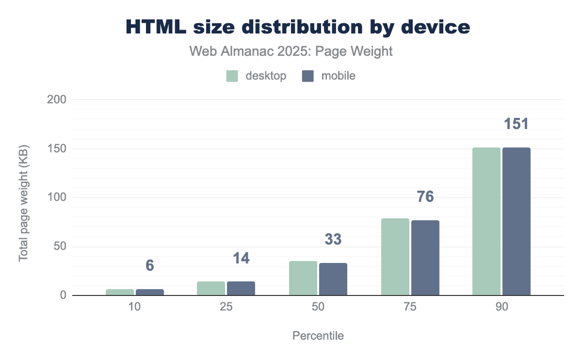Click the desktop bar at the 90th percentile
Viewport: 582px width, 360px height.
pos(486,221)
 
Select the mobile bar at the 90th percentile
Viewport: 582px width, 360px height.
pos(517,221)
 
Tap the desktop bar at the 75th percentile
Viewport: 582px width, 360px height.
pos(395,257)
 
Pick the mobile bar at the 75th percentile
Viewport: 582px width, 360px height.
pos(425,258)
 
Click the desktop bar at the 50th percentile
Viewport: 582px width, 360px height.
pos(303,278)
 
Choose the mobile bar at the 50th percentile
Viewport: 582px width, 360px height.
pos(333,279)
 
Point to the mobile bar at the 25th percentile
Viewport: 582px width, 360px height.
pos(241,288)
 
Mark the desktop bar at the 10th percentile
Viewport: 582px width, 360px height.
pos(120,292)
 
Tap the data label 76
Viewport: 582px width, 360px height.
pos(425,197)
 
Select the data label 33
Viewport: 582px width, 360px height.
pos(333,239)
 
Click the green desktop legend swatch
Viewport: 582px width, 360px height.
pos(232,76)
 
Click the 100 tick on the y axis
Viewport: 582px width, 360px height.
pos(56,197)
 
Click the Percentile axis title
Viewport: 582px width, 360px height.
pos(318,336)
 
